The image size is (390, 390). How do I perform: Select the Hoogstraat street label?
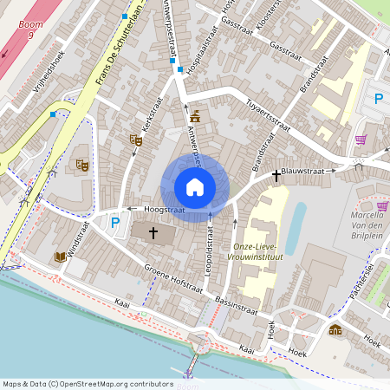164,209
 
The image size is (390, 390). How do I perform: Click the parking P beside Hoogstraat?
115,223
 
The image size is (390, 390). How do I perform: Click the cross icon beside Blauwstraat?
276,176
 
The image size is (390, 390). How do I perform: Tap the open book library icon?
60,257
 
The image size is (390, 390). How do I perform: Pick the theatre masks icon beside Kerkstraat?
135,139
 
